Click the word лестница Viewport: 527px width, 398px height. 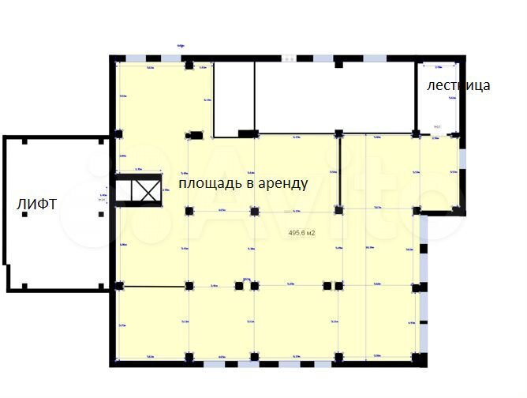click(x=458, y=85)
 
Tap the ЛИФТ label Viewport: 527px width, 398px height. click(x=36, y=205)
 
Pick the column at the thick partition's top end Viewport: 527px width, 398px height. click(x=339, y=133)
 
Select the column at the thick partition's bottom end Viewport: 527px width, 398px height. click(x=339, y=210)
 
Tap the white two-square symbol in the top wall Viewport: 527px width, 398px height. click(x=290, y=58)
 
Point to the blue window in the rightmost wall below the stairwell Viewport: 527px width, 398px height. click(x=463, y=158)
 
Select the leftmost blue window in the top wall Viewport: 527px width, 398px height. click(x=135, y=58)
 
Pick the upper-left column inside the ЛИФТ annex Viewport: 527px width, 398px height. click(x=26, y=142)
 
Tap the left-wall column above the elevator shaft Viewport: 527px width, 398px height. click(x=118, y=133)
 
